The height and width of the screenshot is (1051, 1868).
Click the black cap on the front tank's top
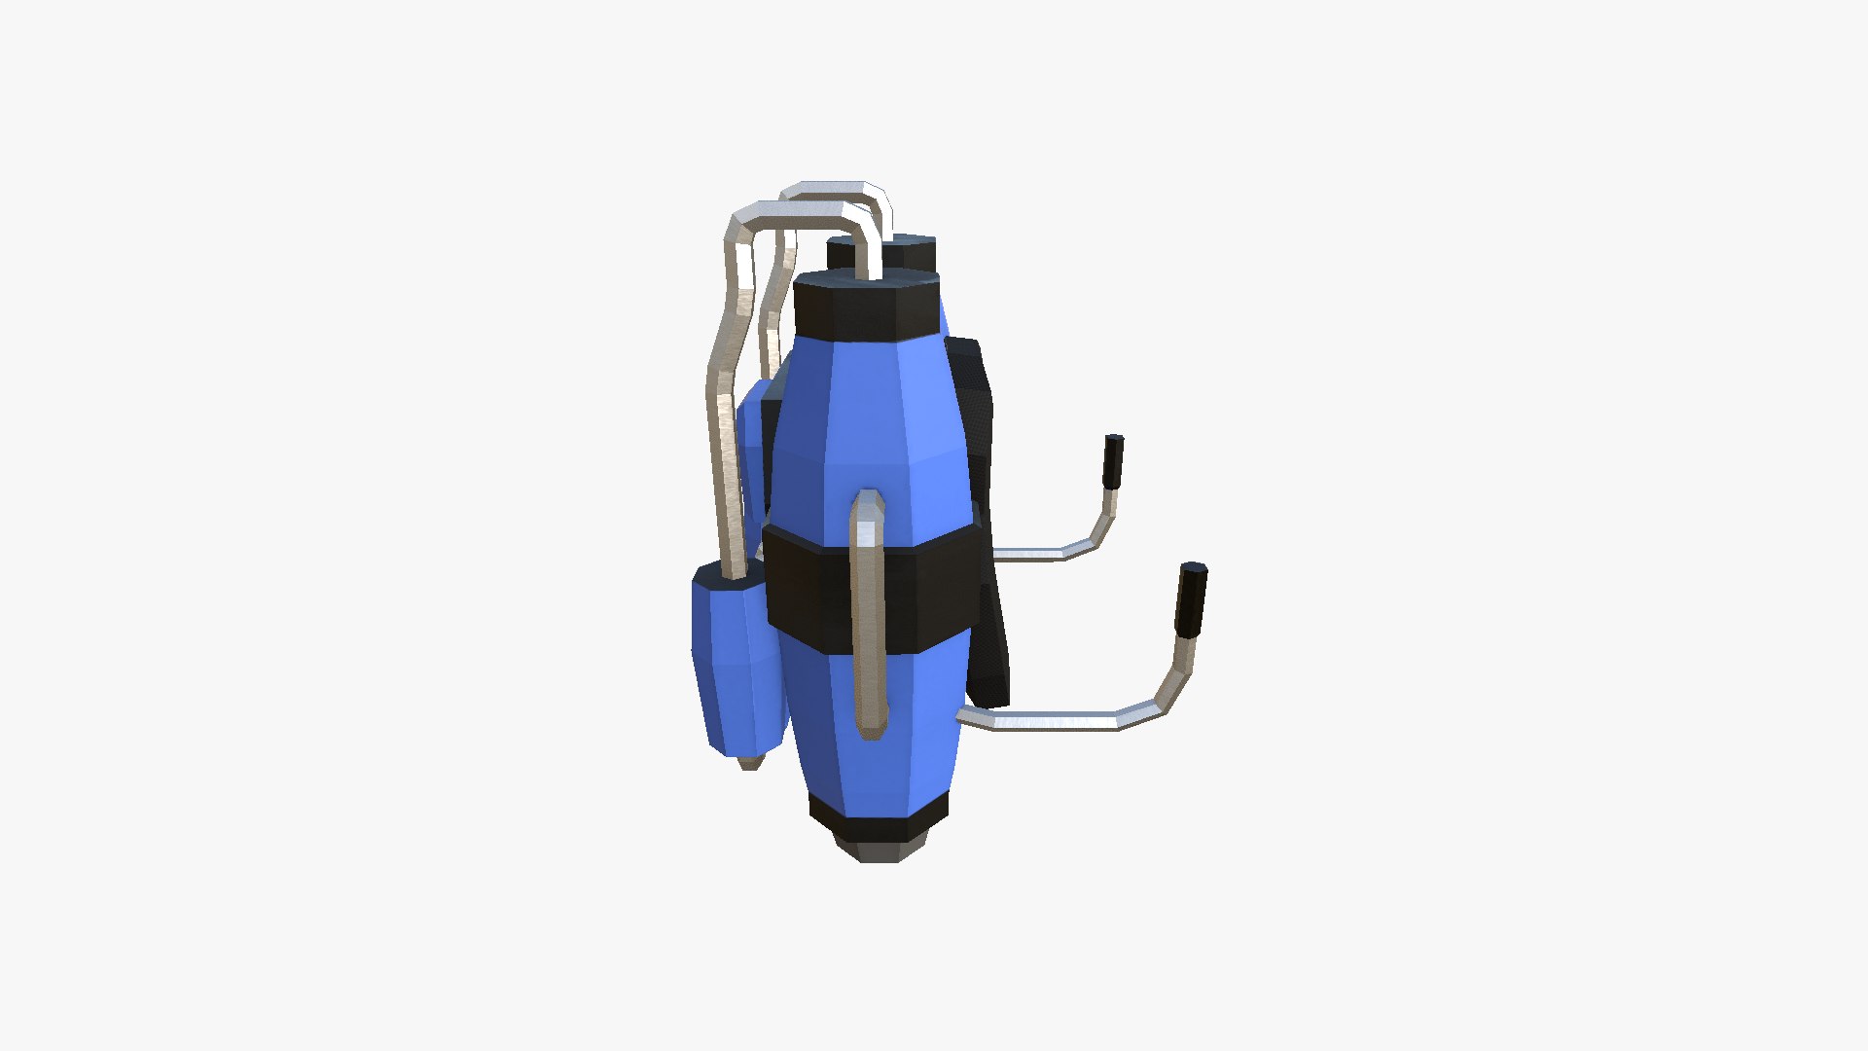[x=866, y=307]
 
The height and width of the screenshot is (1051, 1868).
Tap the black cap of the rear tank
[x=910, y=251]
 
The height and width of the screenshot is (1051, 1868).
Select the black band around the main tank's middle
[x=808, y=589]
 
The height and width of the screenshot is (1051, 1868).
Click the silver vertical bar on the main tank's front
[x=868, y=623]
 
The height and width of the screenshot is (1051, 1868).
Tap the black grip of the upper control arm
[x=1113, y=462]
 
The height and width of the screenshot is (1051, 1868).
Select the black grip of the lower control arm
[x=1190, y=598]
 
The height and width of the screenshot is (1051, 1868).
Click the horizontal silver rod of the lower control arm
[x=1051, y=721]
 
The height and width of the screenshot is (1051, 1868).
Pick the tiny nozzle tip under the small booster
[x=749, y=763]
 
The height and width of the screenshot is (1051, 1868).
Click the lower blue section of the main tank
[x=876, y=740]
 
